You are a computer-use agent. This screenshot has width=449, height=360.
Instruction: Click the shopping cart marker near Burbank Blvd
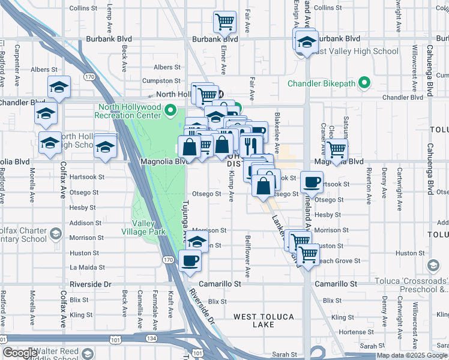click(224, 22)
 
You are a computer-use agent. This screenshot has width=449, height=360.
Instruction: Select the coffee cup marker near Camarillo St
click(190, 260)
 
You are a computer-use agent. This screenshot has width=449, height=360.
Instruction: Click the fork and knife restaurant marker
click(250, 145)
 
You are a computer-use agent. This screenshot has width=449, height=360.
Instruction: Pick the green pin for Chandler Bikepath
click(364, 83)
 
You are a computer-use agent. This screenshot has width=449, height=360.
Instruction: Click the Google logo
click(19, 353)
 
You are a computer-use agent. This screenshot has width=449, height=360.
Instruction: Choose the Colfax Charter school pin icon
click(55, 233)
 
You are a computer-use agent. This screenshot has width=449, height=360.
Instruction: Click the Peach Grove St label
click(339, 261)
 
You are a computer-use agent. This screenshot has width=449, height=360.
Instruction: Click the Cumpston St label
click(161, 81)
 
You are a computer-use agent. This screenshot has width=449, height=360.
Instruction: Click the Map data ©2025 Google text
click(412, 355)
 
